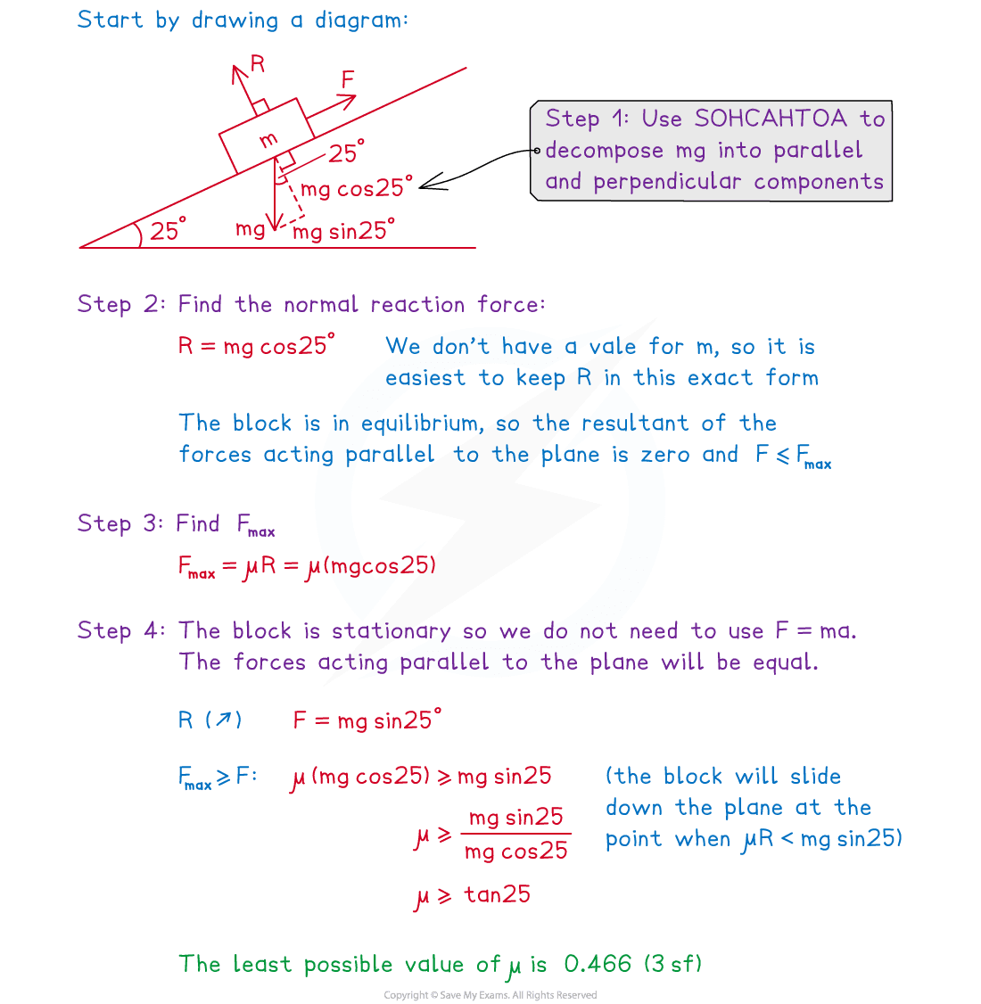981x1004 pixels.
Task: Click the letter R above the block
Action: tap(258, 63)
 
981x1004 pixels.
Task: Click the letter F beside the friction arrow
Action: tap(348, 80)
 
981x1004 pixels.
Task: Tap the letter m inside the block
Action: tap(268, 139)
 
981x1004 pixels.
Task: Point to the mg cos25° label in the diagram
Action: tap(357, 188)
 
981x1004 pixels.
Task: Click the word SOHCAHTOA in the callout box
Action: tap(771, 119)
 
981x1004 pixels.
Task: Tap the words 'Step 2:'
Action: tap(121, 304)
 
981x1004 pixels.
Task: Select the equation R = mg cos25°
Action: tap(257, 345)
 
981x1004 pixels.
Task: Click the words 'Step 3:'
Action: tap(121, 523)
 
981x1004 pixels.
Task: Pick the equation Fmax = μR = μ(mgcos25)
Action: tap(307, 566)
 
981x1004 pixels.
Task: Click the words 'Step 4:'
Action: tap(121, 631)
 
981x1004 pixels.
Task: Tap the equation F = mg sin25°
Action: tap(367, 720)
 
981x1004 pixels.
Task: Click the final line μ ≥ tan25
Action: tap(473, 895)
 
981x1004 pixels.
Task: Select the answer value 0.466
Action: tap(598, 963)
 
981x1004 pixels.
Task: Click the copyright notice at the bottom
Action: tap(490, 995)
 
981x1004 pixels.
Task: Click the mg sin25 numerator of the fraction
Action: tap(515, 817)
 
